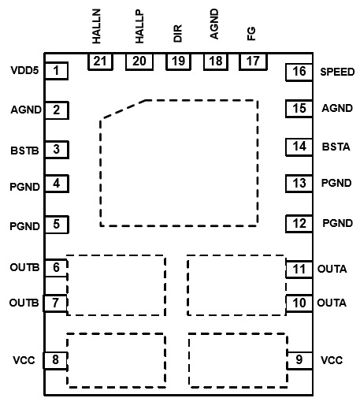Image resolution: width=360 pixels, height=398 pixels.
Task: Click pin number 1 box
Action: click(x=57, y=71)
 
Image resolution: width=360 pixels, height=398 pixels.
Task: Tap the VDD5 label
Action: click(x=24, y=70)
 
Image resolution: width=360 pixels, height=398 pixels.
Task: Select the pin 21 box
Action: click(x=100, y=61)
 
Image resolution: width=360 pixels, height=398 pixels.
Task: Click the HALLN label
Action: click(x=96, y=26)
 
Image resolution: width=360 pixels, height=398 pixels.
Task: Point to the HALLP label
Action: click(x=139, y=27)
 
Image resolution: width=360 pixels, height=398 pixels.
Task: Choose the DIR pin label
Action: click(x=178, y=33)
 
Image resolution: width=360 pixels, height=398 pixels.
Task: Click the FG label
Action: click(x=251, y=33)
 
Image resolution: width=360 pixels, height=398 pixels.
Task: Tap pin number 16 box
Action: click(x=299, y=72)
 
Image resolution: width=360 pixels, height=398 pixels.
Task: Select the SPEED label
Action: click(x=337, y=72)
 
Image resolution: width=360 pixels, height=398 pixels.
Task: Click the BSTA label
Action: click(x=336, y=147)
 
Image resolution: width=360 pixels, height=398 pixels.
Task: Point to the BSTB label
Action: click(x=24, y=151)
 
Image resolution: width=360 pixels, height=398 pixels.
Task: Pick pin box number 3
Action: click(x=57, y=150)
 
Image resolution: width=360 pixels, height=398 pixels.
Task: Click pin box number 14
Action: click(x=299, y=147)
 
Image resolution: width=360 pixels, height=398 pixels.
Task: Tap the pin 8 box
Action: click(x=55, y=360)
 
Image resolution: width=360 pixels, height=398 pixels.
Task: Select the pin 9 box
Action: click(x=299, y=360)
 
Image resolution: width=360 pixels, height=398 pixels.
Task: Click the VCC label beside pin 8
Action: click(x=24, y=360)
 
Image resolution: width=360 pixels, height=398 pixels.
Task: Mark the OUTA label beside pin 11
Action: click(x=332, y=269)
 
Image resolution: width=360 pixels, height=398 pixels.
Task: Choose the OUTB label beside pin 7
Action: click(x=24, y=303)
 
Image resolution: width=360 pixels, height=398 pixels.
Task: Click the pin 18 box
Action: click(x=216, y=61)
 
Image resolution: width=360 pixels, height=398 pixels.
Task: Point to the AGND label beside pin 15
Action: click(x=337, y=108)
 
